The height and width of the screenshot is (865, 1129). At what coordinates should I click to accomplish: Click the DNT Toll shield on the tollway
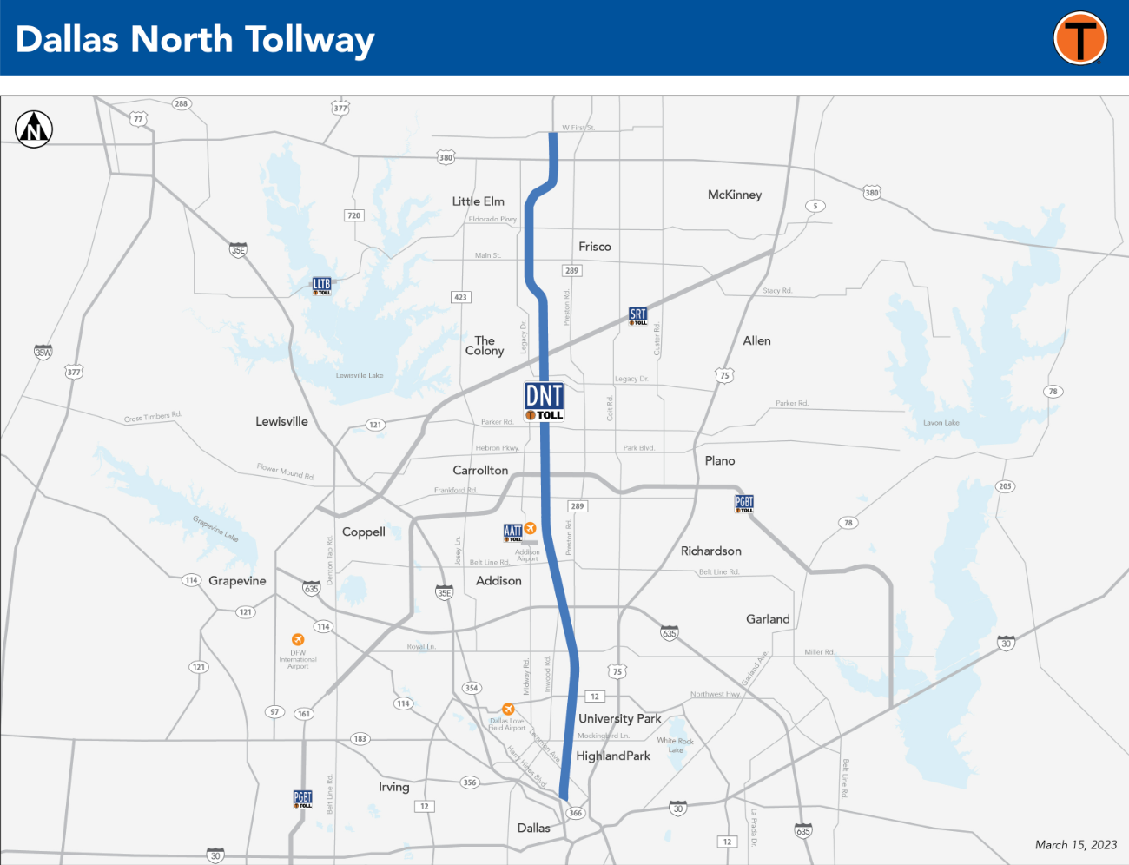[545, 401]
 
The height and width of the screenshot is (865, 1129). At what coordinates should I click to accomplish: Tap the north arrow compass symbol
[34, 129]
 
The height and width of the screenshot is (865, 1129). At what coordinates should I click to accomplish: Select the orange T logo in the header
[1079, 39]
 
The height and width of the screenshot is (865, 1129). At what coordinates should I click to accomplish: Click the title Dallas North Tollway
[195, 40]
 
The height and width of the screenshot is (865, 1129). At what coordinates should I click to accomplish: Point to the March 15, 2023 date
[1075, 845]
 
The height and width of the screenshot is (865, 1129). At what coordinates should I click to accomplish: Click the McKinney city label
[734, 195]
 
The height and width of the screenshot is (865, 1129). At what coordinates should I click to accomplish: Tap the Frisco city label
[595, 247]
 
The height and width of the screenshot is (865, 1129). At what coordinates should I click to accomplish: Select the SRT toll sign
[638, 316]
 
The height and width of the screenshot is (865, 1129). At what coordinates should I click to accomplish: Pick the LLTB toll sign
[321, 286]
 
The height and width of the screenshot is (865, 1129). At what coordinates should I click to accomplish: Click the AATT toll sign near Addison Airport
[513, 532]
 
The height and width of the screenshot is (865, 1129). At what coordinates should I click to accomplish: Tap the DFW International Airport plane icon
[298, 640]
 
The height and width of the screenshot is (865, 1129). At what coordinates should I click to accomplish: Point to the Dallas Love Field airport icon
[508, 710]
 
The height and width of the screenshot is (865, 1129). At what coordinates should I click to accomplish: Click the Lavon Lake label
[941, 423]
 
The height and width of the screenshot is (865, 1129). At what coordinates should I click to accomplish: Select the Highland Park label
[613, 756]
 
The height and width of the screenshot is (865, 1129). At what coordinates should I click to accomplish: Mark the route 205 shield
[1005, 486]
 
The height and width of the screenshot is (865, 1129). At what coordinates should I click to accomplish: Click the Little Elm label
[478, 201]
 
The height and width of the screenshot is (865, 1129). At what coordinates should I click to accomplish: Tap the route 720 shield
[353, 215]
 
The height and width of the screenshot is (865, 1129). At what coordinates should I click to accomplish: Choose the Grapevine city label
[237, 581]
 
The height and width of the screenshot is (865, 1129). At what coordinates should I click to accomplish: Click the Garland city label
[768, 619]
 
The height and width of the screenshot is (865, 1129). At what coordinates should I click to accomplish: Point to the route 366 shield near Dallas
[575, 814]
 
